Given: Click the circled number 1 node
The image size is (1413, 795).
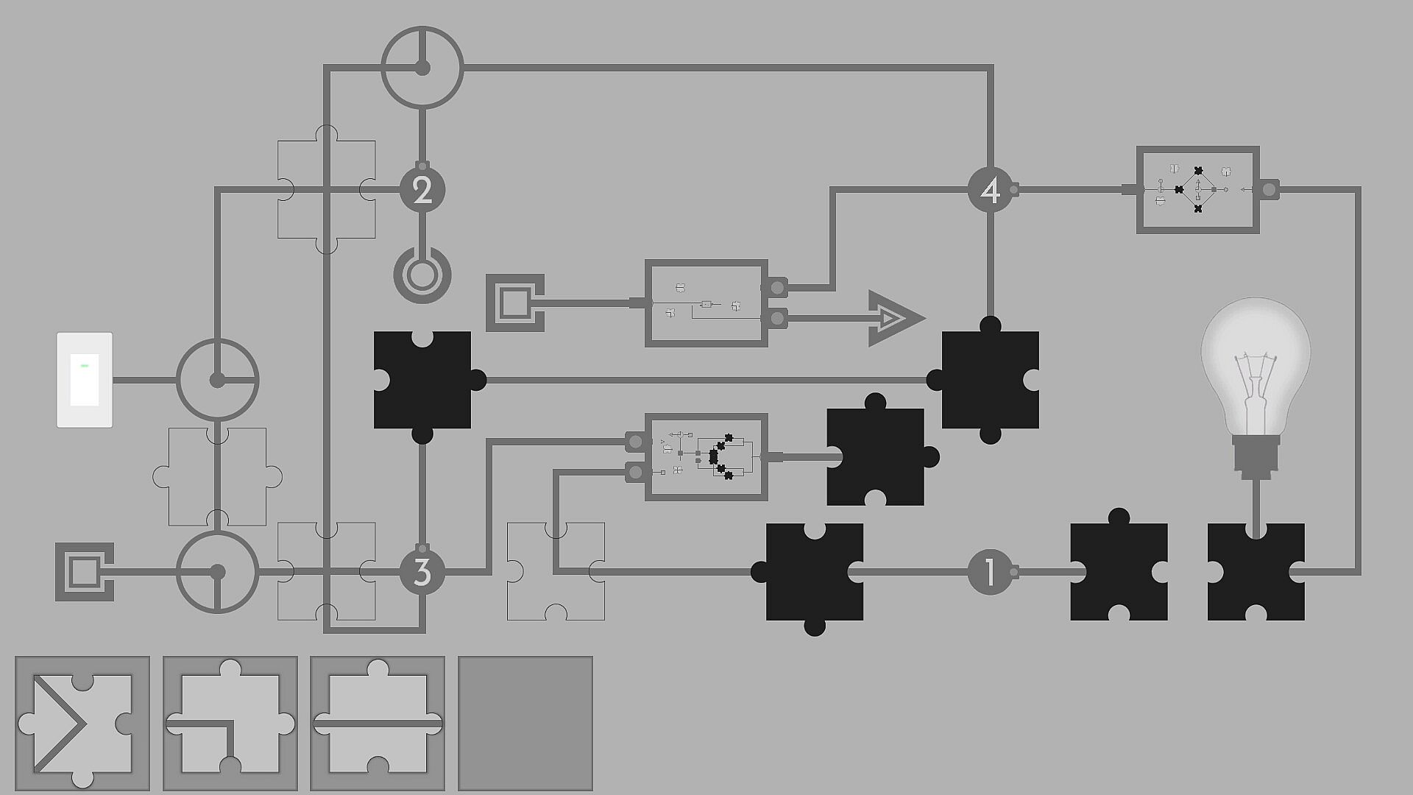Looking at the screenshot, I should point(990,571).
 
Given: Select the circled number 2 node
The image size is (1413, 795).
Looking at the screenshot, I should point(422,190).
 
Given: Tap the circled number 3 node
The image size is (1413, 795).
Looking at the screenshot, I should point(422,572).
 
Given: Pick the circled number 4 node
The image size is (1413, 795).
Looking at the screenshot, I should point(991,190).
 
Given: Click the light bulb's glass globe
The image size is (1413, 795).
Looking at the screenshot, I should point(1256,361).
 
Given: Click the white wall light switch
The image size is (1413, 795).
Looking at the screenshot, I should point(85,380).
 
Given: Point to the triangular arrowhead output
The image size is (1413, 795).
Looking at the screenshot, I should point(893,318).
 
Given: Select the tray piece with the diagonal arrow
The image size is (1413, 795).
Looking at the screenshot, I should point(82,724).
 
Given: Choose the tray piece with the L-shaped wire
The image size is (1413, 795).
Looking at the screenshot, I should point(230,724).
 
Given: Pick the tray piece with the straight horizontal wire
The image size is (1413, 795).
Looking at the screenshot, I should point(378,724).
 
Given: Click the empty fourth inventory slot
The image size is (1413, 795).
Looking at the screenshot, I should point(525,724).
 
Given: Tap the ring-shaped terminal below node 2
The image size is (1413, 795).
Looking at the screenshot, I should point(422,276).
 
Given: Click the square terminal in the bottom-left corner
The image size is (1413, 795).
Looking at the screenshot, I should point(84,571).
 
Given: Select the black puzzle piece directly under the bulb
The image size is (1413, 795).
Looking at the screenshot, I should point(1256,572).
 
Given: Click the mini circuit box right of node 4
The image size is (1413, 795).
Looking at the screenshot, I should point(1197,190).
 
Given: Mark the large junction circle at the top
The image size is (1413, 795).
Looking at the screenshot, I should point(422,68).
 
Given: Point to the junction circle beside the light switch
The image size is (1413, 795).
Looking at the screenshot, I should point(217,380).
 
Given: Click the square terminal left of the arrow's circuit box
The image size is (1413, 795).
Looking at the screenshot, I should point(514,303).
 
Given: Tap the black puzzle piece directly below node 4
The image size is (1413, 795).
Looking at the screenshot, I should point(991,380).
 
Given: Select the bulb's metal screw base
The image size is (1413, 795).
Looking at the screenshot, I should point(1256,456).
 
